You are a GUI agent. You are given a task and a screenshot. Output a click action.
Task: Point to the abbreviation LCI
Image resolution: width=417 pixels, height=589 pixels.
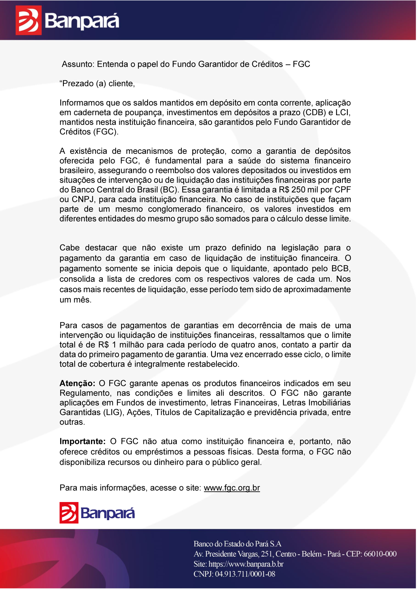(343, 112)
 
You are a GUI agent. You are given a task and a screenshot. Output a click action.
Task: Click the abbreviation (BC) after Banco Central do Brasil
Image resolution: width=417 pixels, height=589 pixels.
(169, 190)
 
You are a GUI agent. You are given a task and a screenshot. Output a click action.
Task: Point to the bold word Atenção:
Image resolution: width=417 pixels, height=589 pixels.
(77, 383)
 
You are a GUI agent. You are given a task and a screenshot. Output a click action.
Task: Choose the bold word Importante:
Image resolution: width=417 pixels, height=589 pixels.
(83, 442)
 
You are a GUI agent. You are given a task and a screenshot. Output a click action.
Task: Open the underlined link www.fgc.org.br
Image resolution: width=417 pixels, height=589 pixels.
(232, 488)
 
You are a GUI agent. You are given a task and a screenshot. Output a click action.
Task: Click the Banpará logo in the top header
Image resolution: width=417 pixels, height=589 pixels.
(67, 20)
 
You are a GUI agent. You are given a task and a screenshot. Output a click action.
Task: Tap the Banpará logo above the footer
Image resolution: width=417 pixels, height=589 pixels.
(97, 513)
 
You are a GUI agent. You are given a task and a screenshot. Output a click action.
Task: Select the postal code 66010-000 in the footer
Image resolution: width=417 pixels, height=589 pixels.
(380, 554)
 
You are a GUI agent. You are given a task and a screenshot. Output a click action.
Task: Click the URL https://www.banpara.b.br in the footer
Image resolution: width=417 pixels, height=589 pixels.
(246, 564)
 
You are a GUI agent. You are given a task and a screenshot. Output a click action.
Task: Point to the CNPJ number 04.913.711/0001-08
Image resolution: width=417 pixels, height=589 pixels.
(245, 574)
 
